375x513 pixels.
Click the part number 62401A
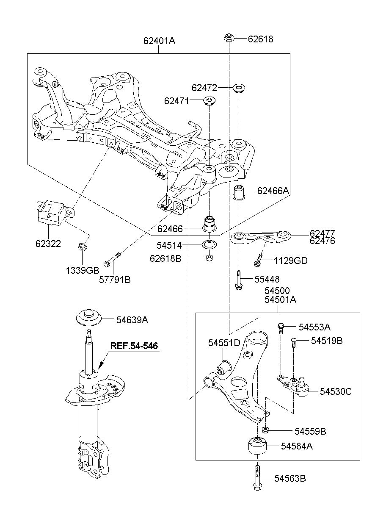pyautogui.click(x=159, y=41)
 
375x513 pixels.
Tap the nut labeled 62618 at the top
pyautogui.click(x=229, y=39)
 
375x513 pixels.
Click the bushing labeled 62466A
pyautogui.click(x=240, y=192)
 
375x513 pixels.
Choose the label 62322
pyautogui.click(x=48, y=244)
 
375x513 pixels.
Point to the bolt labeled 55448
pyautogui.click(x=239, y=280)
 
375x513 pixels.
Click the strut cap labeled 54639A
pyautogui.click(x=89, y=319)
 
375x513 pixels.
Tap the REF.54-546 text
pyautogui.click(x=134, y=346)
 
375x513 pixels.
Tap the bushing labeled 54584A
pyautogui.click(x=256, y=446)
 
